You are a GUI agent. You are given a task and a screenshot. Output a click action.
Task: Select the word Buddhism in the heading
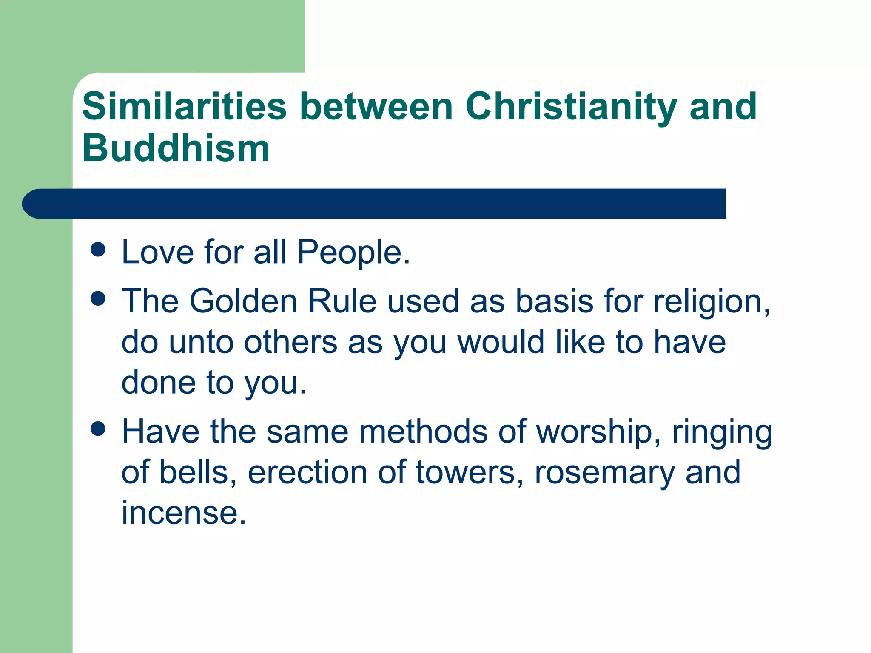click(176, 148)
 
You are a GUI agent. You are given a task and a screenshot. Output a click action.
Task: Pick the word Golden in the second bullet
click(243, 301)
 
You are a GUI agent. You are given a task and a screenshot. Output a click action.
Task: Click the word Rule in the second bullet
click(342, 301)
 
